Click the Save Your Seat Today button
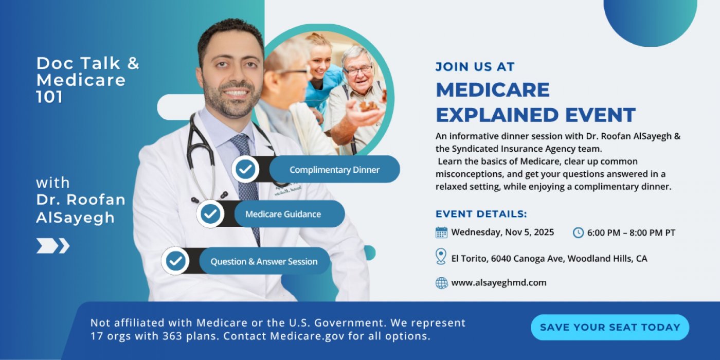(x=610, y=327)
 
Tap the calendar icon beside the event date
(x=441, y=232)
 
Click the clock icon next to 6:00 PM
(x=578, y=232)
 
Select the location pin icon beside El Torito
(x=441, y=257)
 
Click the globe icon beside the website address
(x=442, y=283)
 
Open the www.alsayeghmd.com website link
(x=499, y=282)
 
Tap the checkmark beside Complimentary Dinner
(x=245, y=169)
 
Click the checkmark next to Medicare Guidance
(x=210, y=214)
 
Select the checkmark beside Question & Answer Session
(x=175, y=261)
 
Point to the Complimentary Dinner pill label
(x=335, y=169)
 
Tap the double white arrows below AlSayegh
(x=52, y=246)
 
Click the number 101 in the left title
(x=49, y=97)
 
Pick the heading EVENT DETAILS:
(x=481, y=214)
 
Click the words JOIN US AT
(x=475, y=66)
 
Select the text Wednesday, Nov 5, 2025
(x=503, y=232)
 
